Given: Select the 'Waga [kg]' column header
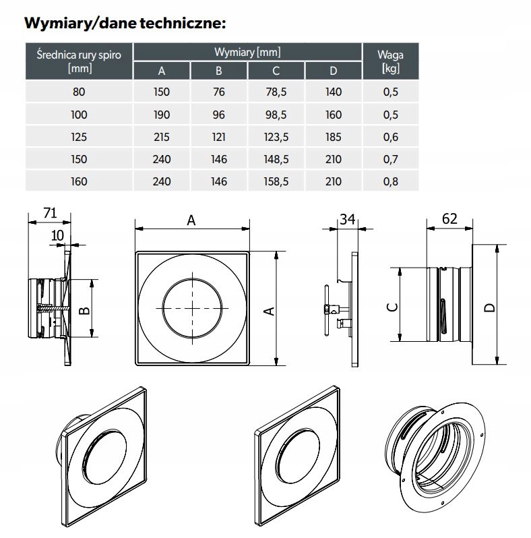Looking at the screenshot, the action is coord(390,61).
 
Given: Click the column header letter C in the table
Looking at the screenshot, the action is coord(276,71).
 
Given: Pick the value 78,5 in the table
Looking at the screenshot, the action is coord(276,92).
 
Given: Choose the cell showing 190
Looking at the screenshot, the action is coord(162,115).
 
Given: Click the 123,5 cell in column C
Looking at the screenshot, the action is coord(276,137).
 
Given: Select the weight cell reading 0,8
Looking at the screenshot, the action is coord(391,181).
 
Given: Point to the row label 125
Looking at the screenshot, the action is coord(79,137).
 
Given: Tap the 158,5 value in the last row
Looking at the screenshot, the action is coord(276,181).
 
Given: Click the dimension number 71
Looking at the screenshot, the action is coord(50,213).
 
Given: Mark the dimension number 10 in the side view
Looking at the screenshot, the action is coord(58,235).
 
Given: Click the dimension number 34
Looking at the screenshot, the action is coord(348,219).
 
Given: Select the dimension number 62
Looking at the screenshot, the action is coord(449,218).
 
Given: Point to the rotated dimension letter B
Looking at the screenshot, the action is coord(84,311).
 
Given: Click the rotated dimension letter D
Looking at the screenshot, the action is coord(489,307).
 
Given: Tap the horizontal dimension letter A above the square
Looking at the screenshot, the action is coord(191,220).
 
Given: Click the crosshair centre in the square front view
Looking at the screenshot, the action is coord(193,308).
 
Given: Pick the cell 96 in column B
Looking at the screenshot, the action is coord(219,115).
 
